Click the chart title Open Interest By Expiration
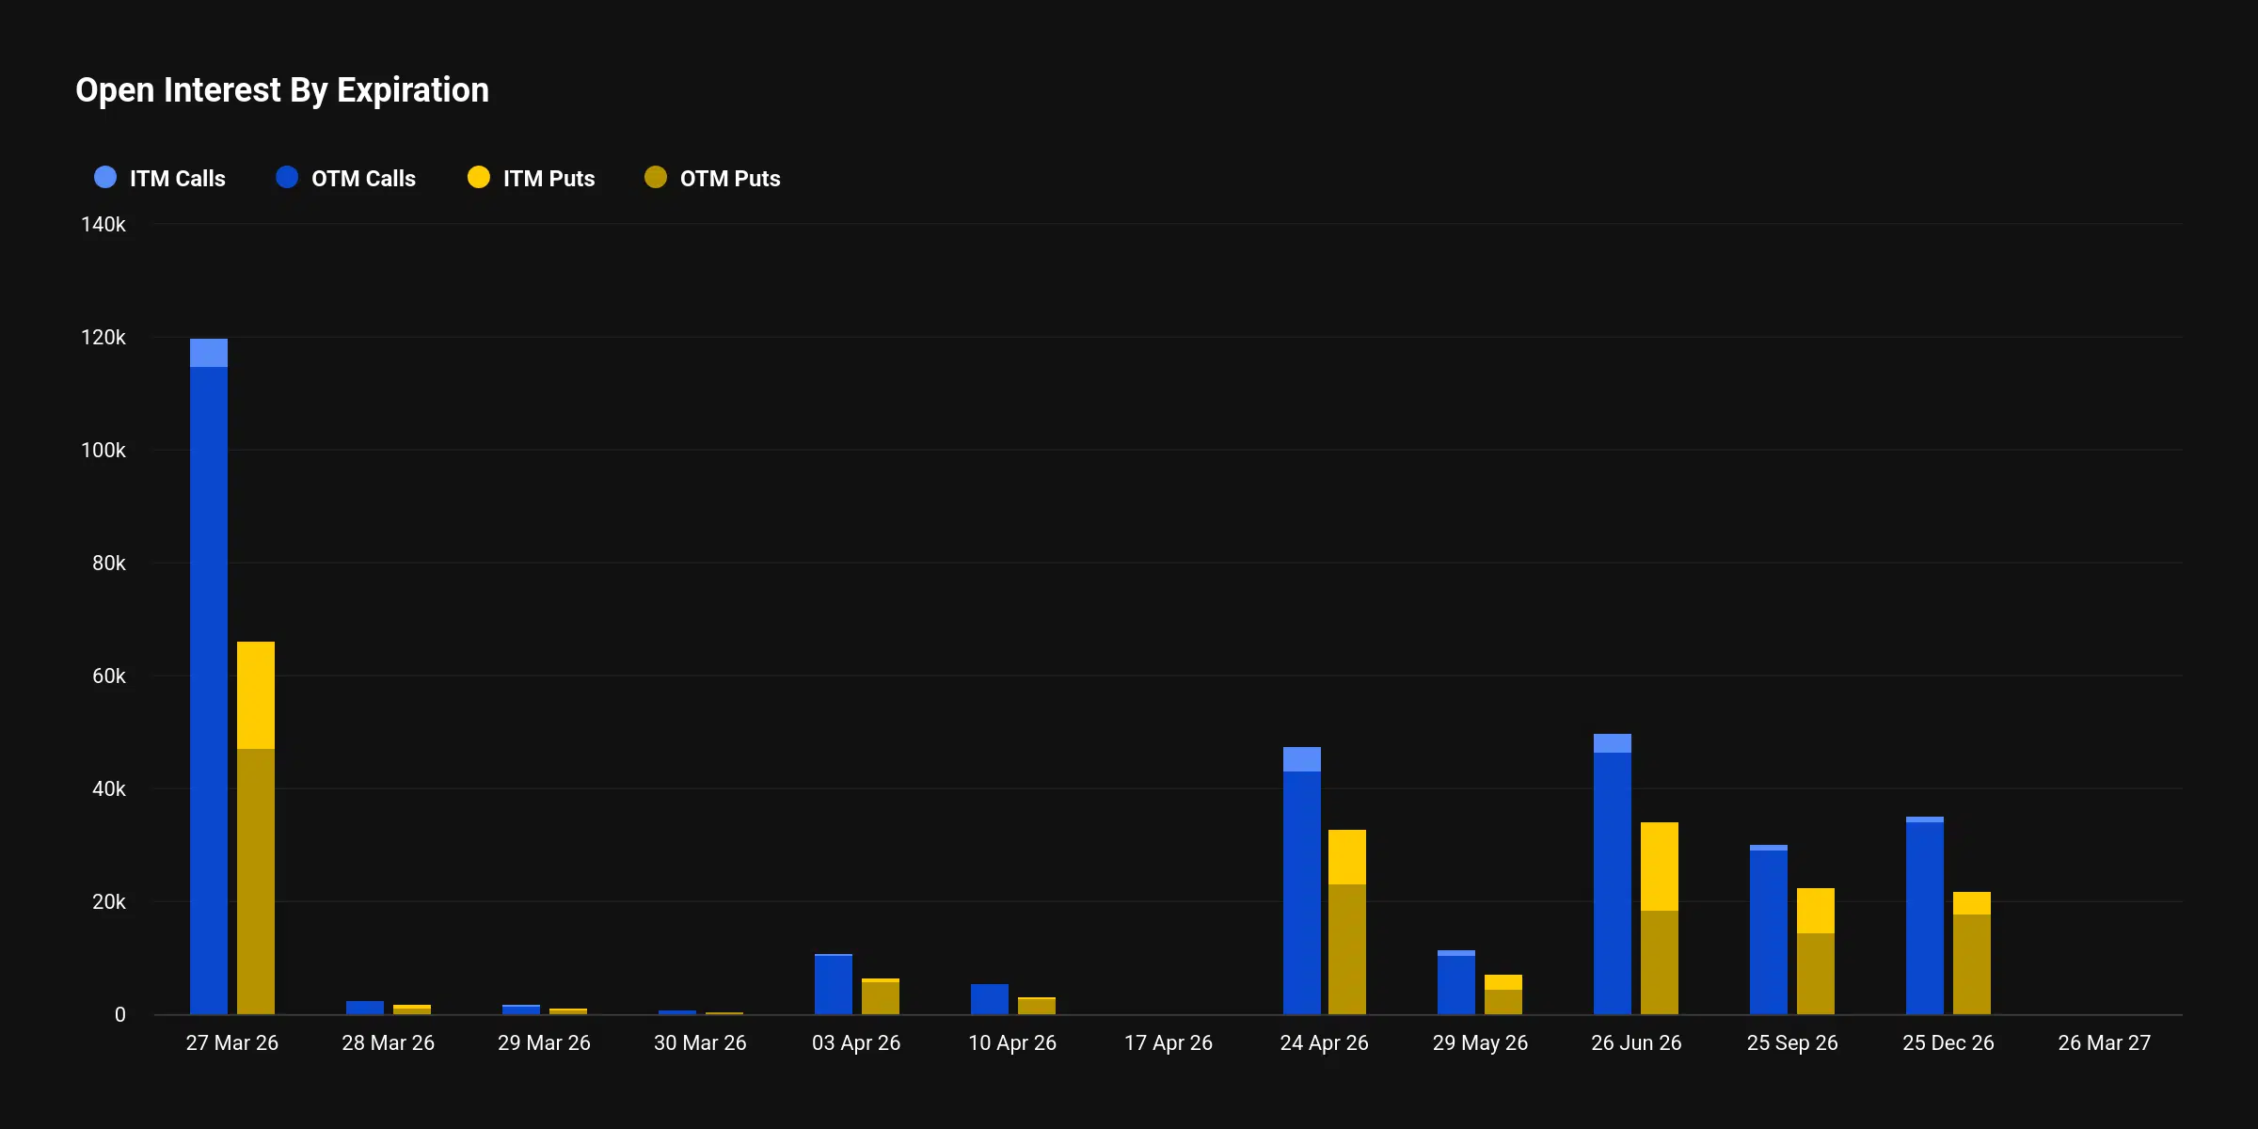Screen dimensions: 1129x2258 (282, 90)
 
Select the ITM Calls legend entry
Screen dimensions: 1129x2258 (160, 178)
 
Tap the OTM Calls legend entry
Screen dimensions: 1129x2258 (345, 178)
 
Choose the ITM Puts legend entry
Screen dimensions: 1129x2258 (531, 178)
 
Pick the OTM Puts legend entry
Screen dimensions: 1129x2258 (712, 178)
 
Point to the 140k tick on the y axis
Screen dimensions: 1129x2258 (103, 225)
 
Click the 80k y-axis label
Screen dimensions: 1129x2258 (108, 564)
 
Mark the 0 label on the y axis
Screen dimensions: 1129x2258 (119, 1015)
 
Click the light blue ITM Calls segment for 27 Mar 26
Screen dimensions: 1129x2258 (209, 353)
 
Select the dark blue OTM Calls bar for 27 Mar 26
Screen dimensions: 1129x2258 (209, 687)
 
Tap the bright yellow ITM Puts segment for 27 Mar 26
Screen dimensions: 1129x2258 (256, 695)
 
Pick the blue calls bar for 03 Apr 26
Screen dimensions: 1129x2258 (834, 985)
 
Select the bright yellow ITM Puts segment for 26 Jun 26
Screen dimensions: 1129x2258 (1660, 866)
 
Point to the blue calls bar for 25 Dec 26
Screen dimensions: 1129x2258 (1925, 917)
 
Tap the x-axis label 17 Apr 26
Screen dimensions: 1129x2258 (1168, 1043)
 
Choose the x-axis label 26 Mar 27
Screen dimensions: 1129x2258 (2104, 1043)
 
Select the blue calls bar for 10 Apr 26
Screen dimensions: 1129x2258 (990, 999)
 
